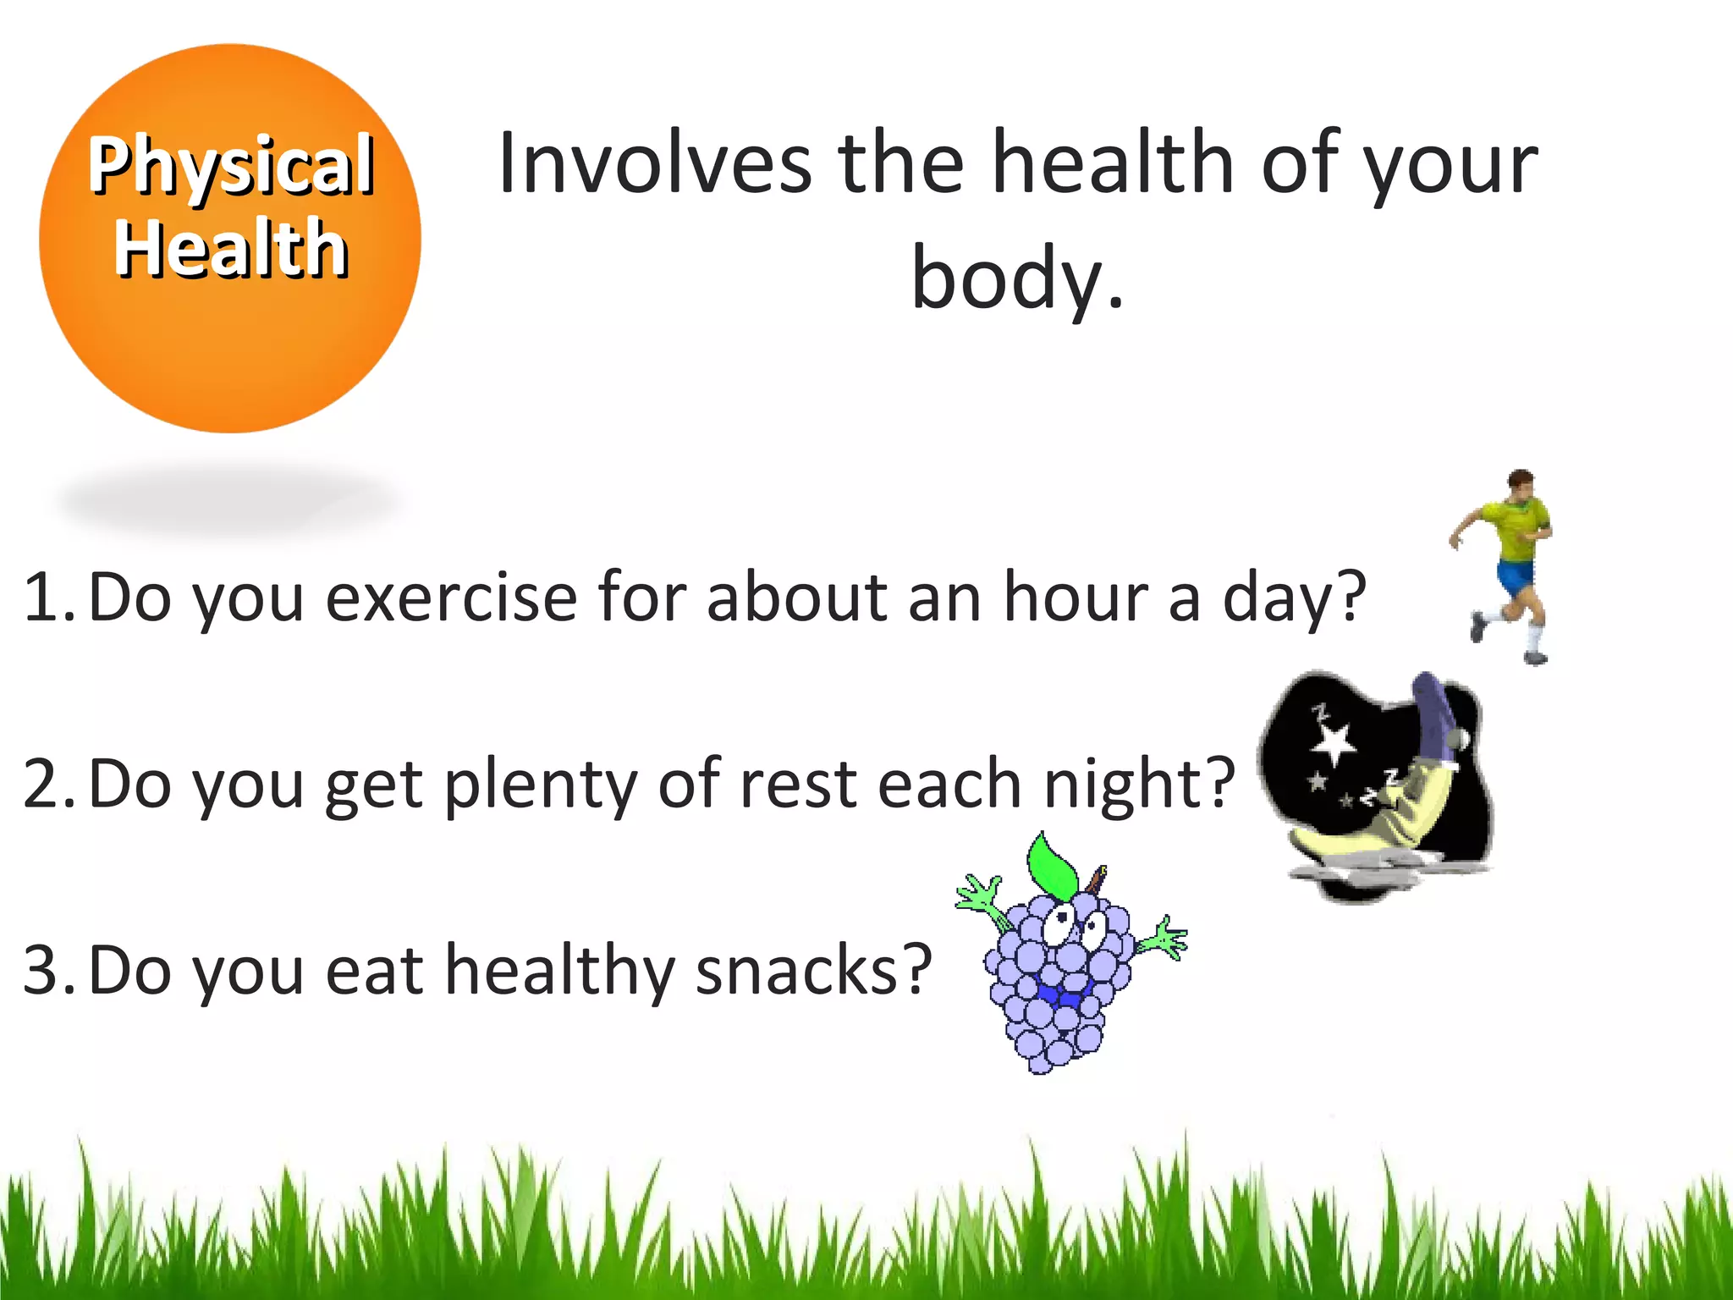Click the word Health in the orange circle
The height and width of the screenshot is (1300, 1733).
coord(231,248)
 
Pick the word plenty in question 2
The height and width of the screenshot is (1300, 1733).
coord(540,785)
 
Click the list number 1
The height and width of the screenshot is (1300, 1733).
coord(47,598)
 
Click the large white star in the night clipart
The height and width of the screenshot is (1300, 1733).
coord(1334,743)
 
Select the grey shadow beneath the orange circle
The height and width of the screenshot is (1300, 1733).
coord(228,499)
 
